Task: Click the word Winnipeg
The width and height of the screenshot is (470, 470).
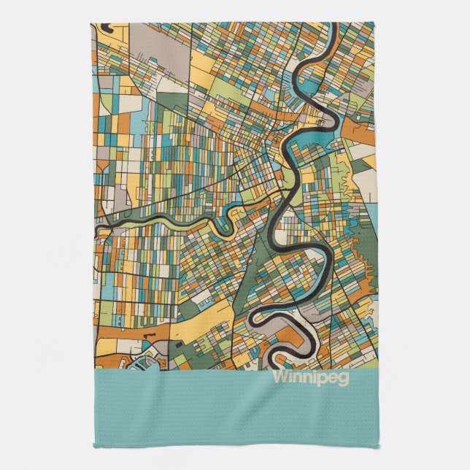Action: click(x=309, y=378)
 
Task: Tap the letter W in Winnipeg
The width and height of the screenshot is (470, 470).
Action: click(x=280, y=378)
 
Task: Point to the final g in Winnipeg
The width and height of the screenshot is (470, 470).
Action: click(x=344, y=380)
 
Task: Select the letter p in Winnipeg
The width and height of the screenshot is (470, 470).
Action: click(x=320, y=380)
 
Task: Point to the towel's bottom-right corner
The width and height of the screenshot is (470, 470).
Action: click(x=375, y=446)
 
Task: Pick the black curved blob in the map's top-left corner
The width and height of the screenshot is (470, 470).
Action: click(x=109, y=29)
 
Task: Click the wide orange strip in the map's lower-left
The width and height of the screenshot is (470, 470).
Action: click(x=131, y=333)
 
